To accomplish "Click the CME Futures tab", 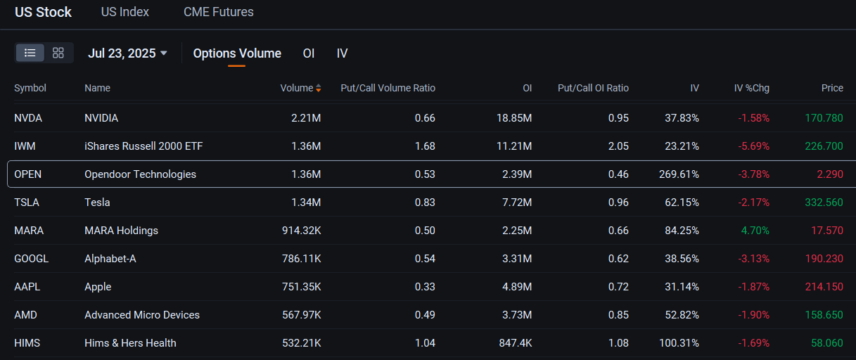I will pyautogui.click(x=218, y=12).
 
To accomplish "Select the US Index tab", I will pyautogui.click(x=124, y=12).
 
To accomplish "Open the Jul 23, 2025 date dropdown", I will pyautogui.click(x=127, y=53).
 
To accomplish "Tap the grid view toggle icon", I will pyautogui.click(x=58, y=53).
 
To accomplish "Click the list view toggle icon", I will pyautogui.click(x=30, y=53).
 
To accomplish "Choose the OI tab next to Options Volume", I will pyautogui.click(x=309, y=53).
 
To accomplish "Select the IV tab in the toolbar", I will pyautogui.click(x=342, y=53).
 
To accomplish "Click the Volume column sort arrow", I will pyautogui.click(x=319, y=89).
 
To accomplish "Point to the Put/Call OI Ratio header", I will pyautogui.click(x=593, y=88).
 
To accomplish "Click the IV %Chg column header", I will pyautogui.click(x=751, y=88).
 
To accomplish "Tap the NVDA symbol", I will pyautogui.click(x=28, y=118).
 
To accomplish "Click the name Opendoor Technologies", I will pyautogui.click(x=140, y=174).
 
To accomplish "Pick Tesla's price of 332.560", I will pyautogui.click(x=824, y=202).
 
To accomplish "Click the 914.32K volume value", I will pyautogui.click(x=300, y=231).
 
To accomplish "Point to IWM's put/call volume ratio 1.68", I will pyautogui.click(x=425, y=146).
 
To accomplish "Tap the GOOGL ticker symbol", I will pyautogui.click(x=32, y=259).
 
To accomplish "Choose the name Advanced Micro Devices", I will pyautogui.click(x=142, y=315).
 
